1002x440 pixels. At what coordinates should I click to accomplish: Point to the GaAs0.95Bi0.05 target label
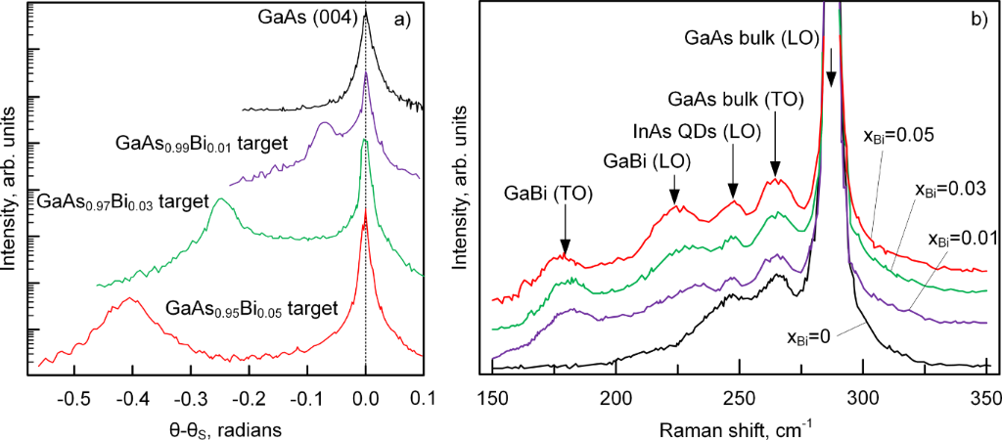tap(252, 309)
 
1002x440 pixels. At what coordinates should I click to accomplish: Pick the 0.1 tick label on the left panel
tap(423, 400)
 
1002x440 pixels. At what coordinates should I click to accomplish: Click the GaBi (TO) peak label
tap(546, 194)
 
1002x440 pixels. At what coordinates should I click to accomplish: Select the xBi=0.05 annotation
tap(895, 135)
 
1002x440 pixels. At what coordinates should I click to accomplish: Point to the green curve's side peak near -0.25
tap(221, 199)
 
